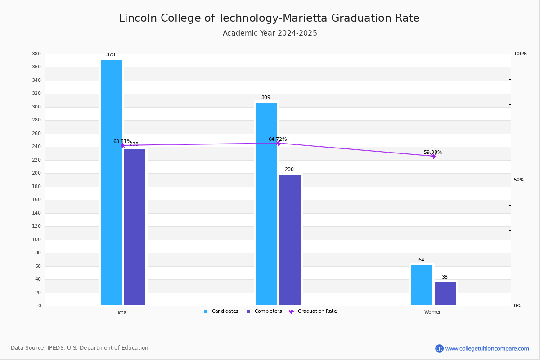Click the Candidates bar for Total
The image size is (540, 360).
pos(111,182)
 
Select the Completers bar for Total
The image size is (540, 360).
pos(135,227)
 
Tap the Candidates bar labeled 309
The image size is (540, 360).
pos(266,203)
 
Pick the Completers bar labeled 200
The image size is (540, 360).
pos(290,240)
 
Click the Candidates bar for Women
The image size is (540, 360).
pos(422,285)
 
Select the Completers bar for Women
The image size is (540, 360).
pos(445,293)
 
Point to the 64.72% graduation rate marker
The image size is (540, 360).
pos(278,143)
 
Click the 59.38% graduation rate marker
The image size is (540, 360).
pos(433,156)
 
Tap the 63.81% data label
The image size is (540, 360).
pos(122,141)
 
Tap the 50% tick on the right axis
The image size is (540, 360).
pos(519,180)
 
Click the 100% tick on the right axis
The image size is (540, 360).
pos(520,54)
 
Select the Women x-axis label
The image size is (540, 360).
pos(433,312)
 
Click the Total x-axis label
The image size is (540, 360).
pos(122,312)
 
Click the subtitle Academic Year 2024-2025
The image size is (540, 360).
pos(270,33)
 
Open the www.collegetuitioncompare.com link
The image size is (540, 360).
pos(487,348)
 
